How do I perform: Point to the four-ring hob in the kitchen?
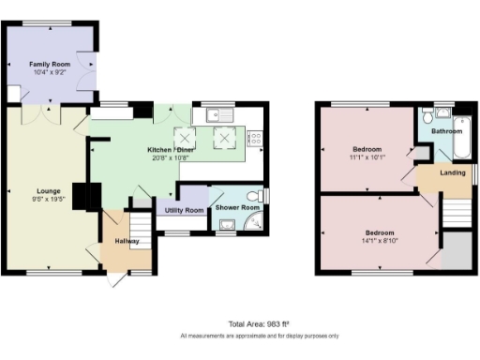(255, 139)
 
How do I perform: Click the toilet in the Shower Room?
(261, 195)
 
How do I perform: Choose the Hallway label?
(127, 241)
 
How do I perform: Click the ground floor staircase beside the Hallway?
(138, 226)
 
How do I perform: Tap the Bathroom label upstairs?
(446, 132)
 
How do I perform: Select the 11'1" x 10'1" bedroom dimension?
(367, 157)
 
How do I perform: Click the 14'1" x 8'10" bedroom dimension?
(379, 238)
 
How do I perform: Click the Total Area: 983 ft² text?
(259, 322)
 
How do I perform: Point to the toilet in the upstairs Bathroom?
(427, 116)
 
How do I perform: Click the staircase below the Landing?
(456, 212)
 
